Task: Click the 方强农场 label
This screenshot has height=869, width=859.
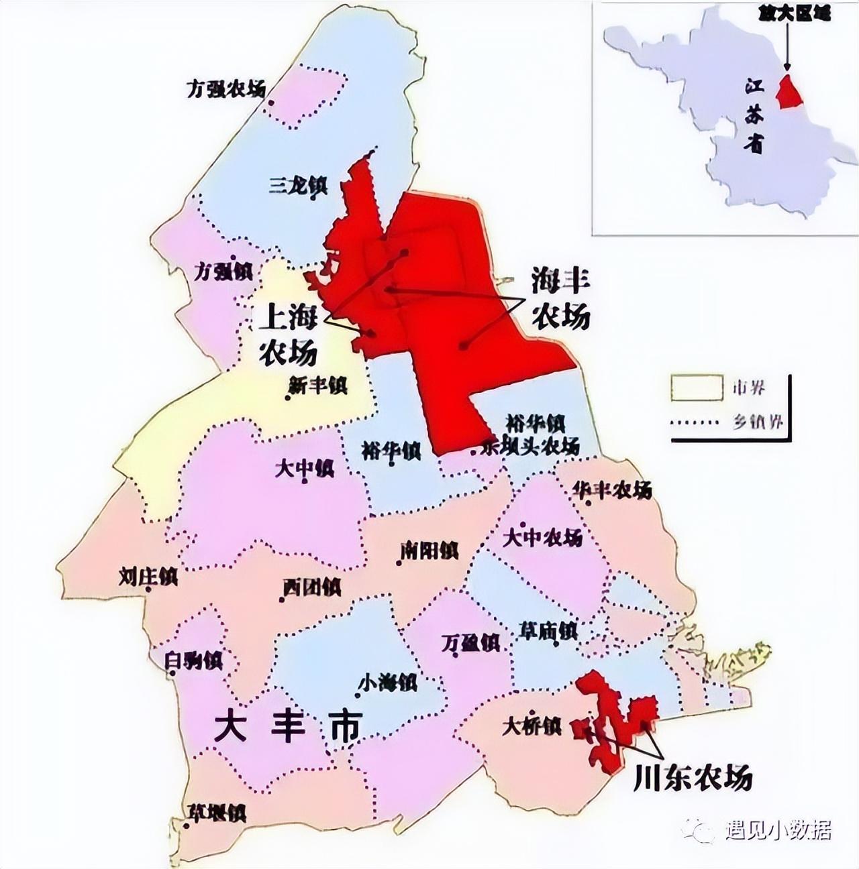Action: pyautogui.click(x=225, y=89)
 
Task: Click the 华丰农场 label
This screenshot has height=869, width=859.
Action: pyautogui.click(x=612, y=490)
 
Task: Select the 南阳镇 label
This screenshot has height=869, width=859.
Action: pyautogui.click(x=429, y=551)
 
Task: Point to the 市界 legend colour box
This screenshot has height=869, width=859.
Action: pyautogui.click(x=697, y=388)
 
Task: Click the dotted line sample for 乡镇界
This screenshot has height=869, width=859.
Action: pyautogui.click(x=697, y=423)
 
